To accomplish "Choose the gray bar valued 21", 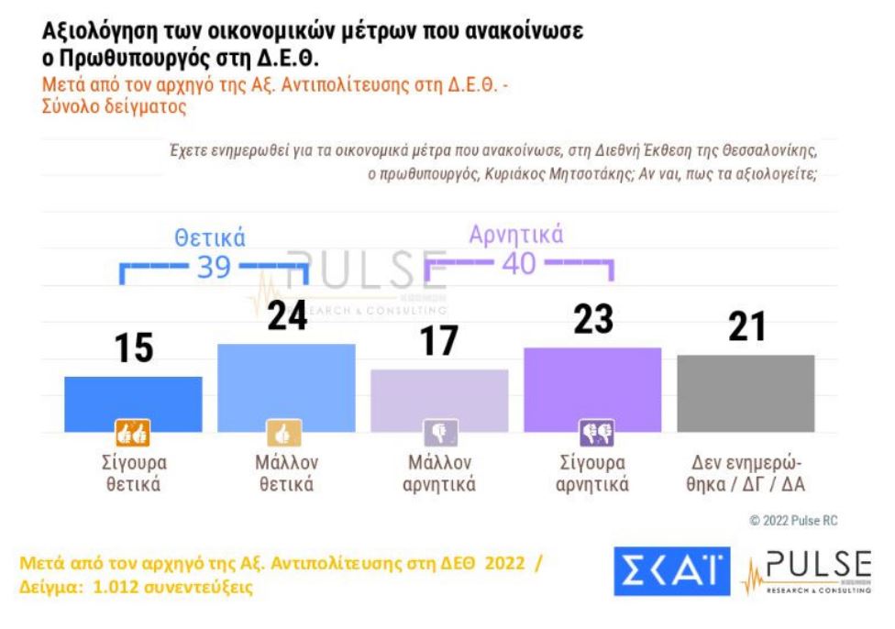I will [x=745, y=392].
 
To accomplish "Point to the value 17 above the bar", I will [x=438, y=341].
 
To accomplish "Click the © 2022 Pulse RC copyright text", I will [x=792, y=521].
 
